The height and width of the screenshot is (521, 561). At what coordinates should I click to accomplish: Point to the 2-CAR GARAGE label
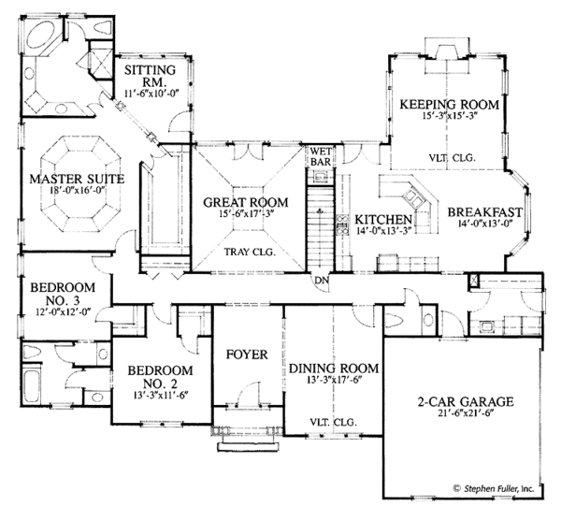tap(465, 404)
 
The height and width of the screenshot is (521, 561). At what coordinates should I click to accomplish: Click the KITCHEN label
tap(378, 221)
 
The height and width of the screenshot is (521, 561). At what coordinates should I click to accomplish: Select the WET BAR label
tap(323, 155)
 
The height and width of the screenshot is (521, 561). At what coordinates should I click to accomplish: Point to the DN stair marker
tap(321, 280)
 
